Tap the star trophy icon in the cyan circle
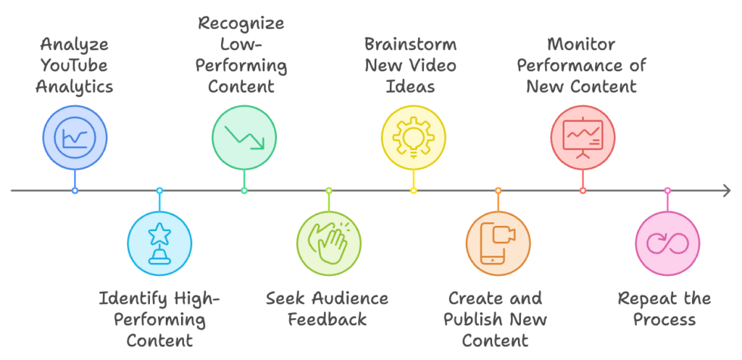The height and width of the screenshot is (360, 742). (x=159, y=243)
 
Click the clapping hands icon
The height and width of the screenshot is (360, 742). (x=329, y=243)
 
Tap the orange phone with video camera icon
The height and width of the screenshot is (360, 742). (x=499, y=243)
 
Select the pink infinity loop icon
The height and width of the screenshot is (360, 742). (x=667, y=243)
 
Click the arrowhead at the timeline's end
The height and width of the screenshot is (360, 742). (x=726, y=191)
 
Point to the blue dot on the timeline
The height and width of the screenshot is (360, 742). (x=75, y=191)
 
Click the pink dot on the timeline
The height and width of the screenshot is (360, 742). (x=667, y=191)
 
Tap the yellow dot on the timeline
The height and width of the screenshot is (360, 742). (x=414, y=191)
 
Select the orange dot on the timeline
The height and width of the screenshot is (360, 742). (x=499, y=191)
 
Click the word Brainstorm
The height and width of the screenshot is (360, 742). (x=410, y=44)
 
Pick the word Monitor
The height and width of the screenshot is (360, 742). (x=582, y=44)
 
